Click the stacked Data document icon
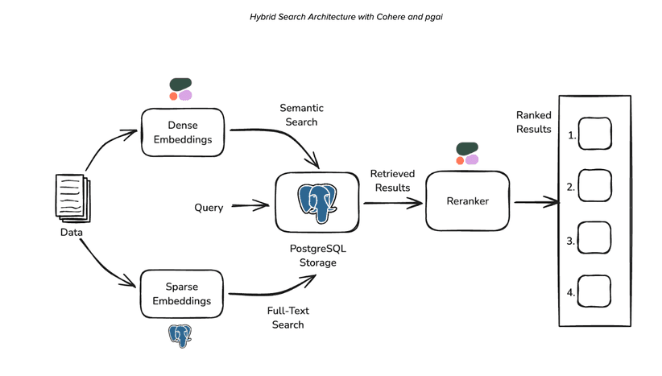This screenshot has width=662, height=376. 72,198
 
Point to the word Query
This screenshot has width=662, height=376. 209,207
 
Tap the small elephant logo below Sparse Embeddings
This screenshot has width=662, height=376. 180,335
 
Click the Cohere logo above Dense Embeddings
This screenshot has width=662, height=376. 180,89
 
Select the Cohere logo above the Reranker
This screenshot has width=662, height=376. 466,154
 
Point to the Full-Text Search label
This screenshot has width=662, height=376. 288,317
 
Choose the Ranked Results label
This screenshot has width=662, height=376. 534,122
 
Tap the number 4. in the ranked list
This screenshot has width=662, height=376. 571,292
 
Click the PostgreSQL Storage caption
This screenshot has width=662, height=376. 317,255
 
